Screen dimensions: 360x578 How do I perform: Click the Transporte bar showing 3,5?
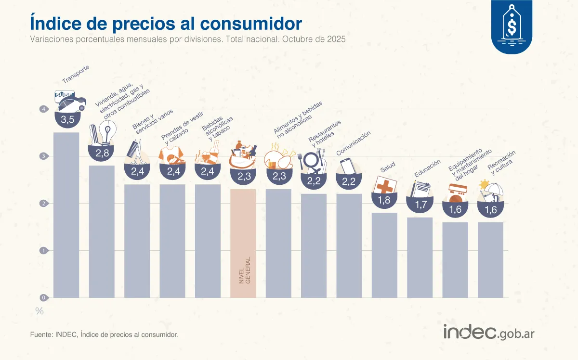tap(66, 215)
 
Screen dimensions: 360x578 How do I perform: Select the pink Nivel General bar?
tap(243, 243)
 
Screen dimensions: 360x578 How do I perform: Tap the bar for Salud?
tap(384, 255)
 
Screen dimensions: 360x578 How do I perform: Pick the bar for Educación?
tap(420, 257)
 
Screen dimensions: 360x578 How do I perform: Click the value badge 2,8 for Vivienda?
tap(102, 153)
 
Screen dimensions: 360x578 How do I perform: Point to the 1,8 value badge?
tap(384, 200)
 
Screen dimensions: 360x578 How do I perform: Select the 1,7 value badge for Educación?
tap(420, 205)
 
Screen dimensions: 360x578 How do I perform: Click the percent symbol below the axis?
tap(39, 311)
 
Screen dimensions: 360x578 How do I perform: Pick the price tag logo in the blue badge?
tap(512, 24)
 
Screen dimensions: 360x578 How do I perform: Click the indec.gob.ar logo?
tap(488, 332)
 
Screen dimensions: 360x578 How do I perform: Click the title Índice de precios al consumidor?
tap(166, 23)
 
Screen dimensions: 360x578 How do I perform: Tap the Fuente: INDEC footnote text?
tap(104, 334)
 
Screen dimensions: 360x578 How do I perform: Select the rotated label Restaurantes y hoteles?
tap(325, 133)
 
